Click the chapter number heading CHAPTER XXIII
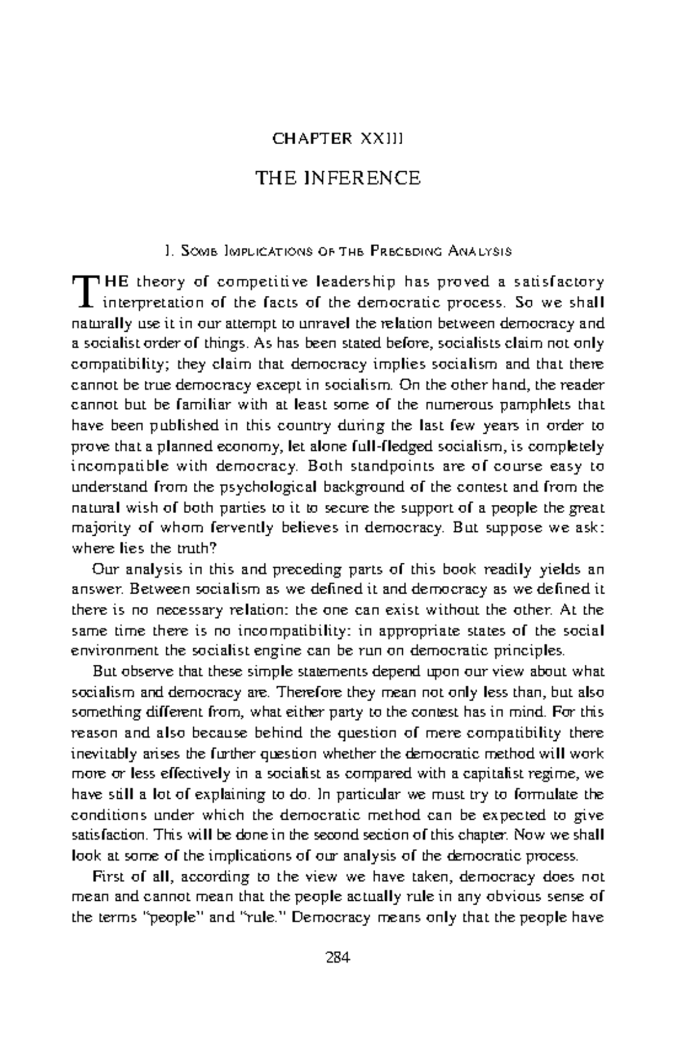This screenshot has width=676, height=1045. [x=337, y=139]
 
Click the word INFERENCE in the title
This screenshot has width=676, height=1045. [x=363, y=179]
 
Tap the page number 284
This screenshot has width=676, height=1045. [x=338, y=957]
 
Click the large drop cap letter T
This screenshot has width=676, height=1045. [x=84, y=291]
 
